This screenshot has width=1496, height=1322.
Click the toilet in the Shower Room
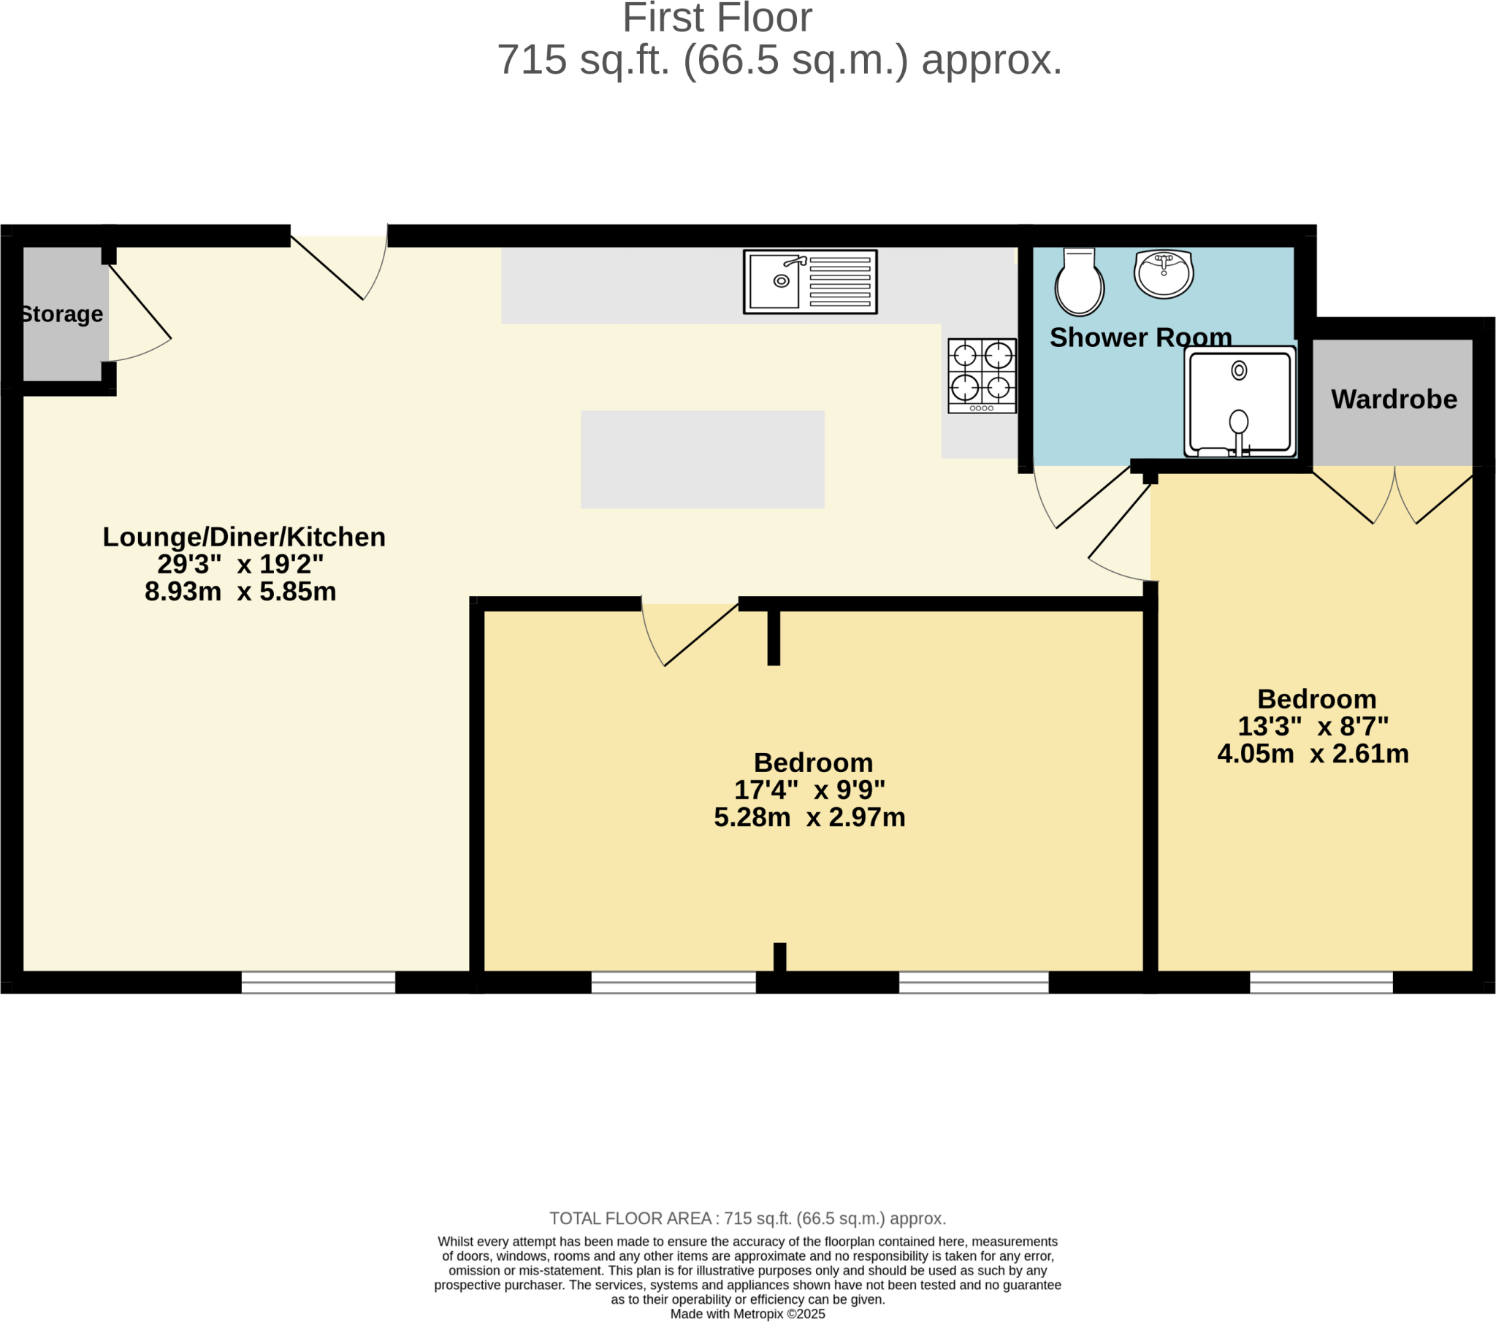[1079, 284]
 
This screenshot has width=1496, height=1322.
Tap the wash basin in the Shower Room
[1163, 274]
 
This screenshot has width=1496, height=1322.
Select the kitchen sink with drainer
[809, 282]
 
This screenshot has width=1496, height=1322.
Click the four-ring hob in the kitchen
[982, 375]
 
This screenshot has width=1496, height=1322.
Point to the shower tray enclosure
[1240, 402]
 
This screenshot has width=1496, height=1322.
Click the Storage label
[61, 314]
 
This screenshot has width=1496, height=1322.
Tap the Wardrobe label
[1394, 400]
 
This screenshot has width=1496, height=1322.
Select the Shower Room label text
[1140, 337]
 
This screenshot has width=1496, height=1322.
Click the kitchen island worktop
[702, 459]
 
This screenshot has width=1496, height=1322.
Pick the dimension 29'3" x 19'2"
[240, 565]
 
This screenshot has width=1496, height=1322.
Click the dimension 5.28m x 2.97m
[809, 817]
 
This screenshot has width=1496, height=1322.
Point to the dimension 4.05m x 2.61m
[1313, 754]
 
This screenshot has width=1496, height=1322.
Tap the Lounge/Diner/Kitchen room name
[244, 538]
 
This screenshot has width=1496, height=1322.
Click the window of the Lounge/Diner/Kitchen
[318, 982]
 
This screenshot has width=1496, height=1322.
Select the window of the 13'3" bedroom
[1321, 982]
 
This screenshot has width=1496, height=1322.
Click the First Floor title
[717, 18]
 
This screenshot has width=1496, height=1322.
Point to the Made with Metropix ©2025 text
[747, 1314]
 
